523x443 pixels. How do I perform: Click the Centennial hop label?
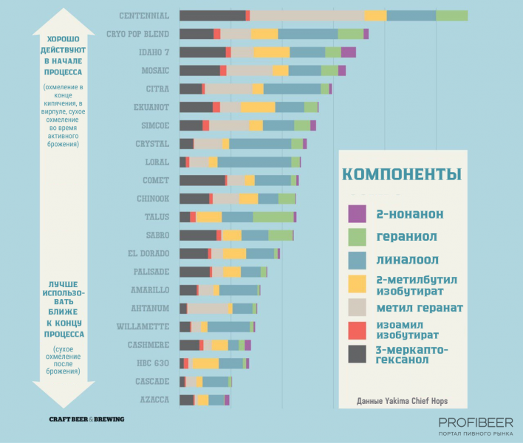144,16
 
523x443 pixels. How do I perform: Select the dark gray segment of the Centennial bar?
212,16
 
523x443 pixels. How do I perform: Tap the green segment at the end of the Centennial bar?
451,16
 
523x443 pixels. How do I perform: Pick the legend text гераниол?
406,236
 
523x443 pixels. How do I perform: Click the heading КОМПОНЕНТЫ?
402,174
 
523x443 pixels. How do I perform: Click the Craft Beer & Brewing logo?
86,419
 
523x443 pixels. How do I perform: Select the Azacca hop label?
154,399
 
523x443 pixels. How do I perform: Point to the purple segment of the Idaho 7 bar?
348,52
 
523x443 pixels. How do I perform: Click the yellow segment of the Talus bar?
208,216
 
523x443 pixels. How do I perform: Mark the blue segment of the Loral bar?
254,162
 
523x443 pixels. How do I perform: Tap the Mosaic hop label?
155,70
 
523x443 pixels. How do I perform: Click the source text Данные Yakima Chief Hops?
402,402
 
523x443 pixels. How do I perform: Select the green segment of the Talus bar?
273,216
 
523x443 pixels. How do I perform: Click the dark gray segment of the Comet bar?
202,180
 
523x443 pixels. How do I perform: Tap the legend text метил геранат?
418,307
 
